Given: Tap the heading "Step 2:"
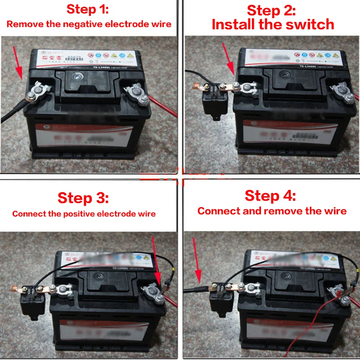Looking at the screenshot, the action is pos(271,10).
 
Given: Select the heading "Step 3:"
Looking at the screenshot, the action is pos(83,198).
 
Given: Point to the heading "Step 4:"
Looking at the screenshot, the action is pos(270,196).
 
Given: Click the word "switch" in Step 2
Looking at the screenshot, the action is pos(310,24).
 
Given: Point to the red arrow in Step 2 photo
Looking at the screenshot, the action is pos(228,59).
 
